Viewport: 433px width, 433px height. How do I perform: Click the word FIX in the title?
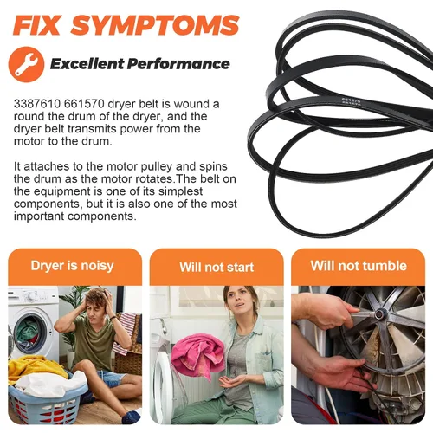[x=36, y=25]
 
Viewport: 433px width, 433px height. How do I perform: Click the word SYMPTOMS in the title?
[x=155, y=25]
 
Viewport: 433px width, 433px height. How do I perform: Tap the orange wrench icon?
[x=26, y=64]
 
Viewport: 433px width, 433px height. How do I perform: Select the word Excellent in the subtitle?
[x=87, y=64]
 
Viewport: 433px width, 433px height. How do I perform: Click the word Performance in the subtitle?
[x=178, y=64]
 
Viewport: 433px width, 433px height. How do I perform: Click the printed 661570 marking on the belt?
[x=351, y=100]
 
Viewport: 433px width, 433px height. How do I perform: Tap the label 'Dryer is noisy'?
[x=72, y=266]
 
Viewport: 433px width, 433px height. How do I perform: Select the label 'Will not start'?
[x=216, y=267]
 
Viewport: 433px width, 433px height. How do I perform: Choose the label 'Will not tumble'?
[x=359, y=266]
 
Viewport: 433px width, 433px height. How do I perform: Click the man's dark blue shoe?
[x=132, y=415]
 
